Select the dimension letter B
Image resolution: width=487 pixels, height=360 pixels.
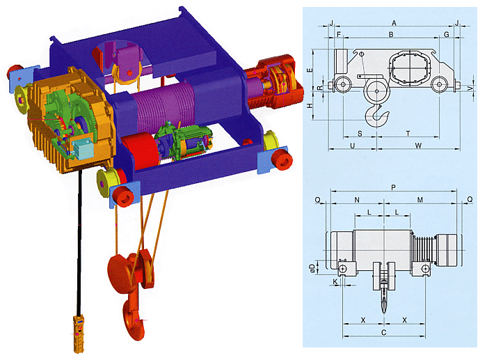[x=392, y=34]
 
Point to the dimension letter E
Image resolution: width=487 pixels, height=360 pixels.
[x=309, y=71]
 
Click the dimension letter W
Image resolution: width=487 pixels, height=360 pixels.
[x=418, y=146]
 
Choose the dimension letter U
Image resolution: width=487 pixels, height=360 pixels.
[x=353, y=146]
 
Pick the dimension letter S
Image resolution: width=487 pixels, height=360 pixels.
[x=360, y=133]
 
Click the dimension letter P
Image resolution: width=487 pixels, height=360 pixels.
[x=394, y=187]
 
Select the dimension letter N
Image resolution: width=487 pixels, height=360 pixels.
[x=357, y=200]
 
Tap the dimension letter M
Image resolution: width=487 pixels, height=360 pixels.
[x=420, y=200]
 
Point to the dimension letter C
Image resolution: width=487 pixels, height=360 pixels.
[x=383, y=334]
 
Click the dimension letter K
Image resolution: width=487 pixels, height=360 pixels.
[x=335, y=283]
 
